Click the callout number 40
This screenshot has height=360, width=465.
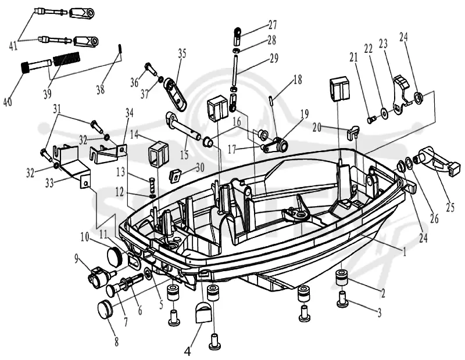pyautogui.click(x=8, y=102)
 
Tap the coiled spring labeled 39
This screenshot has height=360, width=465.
pyautogui.click(x=66, y=58)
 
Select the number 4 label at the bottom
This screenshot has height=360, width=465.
pyautogui.click(x=187, y=352)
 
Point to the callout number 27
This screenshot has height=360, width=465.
pyautogui.click(x=272, y=24)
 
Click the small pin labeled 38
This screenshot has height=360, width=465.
pyautogui.click(x=120, y=48)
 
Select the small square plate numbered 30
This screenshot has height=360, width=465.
pyautogui.click(x=176, y=176)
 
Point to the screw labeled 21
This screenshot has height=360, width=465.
pyautogui.click(x=372, y=120)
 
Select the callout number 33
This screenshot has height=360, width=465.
pyautogui.click(x=49, y=183)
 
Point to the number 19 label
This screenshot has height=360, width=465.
pyautogui.click(x=303, y=114)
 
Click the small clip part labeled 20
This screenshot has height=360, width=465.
pyautogui.click(x=353, y=131)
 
